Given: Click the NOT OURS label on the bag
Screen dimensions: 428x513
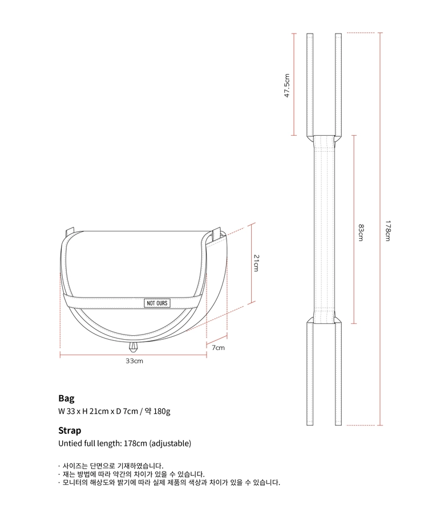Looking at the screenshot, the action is pos(157,303).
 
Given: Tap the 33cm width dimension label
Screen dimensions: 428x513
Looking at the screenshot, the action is pos(134,361).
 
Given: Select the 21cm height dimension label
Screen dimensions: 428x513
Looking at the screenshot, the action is pos(256,263).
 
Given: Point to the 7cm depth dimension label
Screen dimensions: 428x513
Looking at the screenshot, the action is pos(218,348).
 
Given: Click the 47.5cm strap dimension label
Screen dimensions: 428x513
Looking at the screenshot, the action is pos(287,85).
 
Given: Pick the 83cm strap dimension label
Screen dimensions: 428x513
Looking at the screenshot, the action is pos(361,233).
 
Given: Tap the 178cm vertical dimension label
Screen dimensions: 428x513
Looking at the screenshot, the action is pos(387,231).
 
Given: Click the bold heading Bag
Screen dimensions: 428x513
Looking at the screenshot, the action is pos(66,398).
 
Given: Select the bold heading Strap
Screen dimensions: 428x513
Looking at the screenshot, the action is pos(70,430).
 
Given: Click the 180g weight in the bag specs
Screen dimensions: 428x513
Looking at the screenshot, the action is pos(161,411).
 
